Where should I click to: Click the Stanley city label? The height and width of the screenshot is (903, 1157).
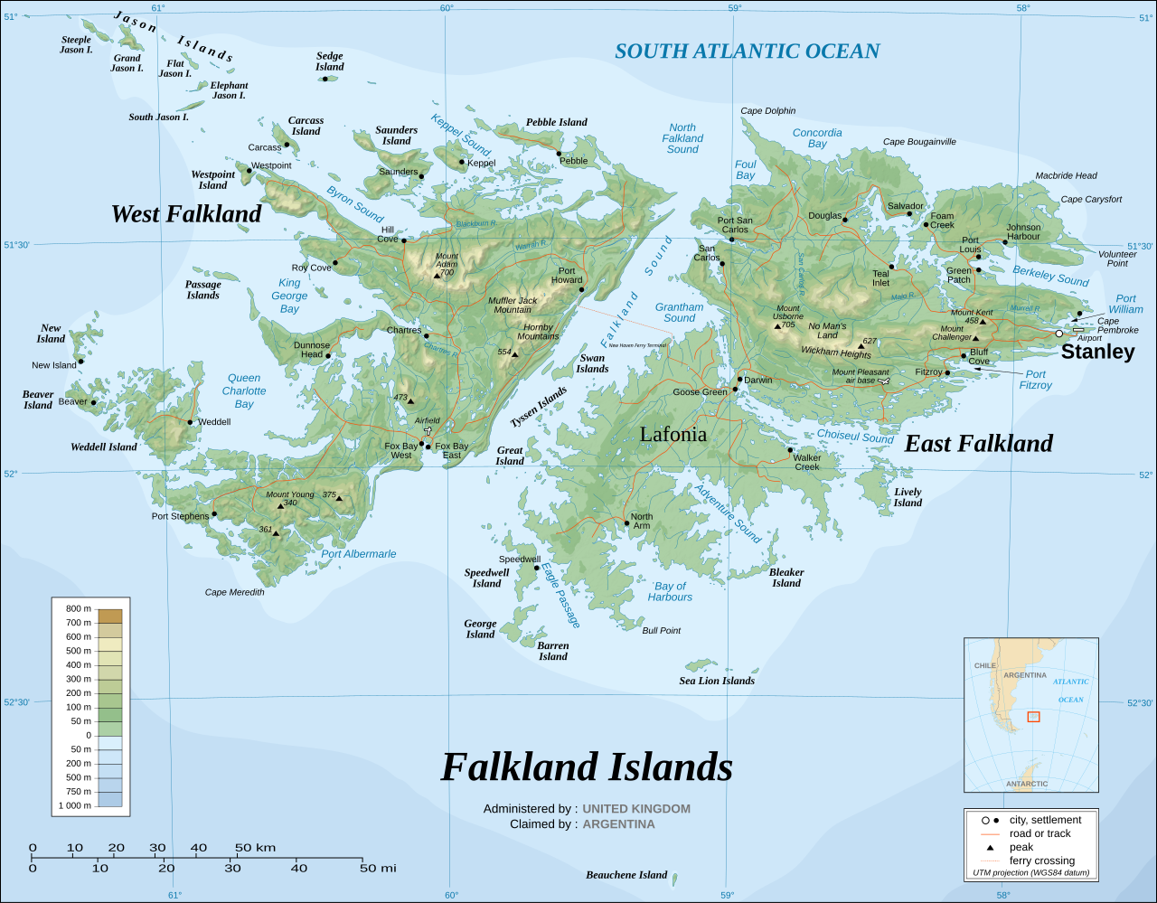1097,352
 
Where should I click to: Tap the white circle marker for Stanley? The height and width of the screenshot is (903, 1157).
1059,334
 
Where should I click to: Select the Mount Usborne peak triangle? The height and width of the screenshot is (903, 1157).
777,326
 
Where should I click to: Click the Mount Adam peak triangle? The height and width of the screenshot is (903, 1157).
437,275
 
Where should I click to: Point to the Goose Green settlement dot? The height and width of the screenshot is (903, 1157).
735,390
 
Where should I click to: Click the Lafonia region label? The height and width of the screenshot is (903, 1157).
673,434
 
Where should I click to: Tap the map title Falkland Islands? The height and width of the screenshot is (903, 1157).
587,767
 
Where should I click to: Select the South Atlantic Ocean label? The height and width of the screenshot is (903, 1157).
747,52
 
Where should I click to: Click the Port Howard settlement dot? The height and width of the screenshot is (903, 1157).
581,290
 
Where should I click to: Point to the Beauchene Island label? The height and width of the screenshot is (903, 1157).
626,875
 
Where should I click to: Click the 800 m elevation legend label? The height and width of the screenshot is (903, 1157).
79,608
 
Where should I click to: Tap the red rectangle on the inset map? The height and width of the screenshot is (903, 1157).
1033,717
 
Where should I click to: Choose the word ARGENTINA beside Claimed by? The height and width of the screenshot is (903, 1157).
618,824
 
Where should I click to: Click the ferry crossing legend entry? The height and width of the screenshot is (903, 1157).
1041,861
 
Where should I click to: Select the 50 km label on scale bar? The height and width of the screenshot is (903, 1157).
255,848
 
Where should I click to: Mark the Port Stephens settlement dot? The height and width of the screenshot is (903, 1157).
214,514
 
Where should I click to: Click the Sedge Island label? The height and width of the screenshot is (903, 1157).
330,61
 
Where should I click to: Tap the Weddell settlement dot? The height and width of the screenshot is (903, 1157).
190,422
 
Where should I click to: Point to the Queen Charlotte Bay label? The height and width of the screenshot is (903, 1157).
244,391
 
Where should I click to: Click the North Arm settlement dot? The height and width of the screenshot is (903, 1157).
626,522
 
